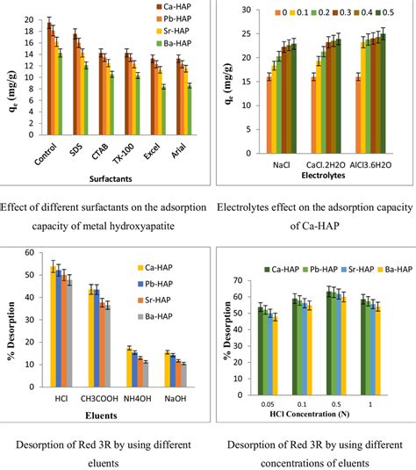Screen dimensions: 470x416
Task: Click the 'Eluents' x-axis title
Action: [112, 408]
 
